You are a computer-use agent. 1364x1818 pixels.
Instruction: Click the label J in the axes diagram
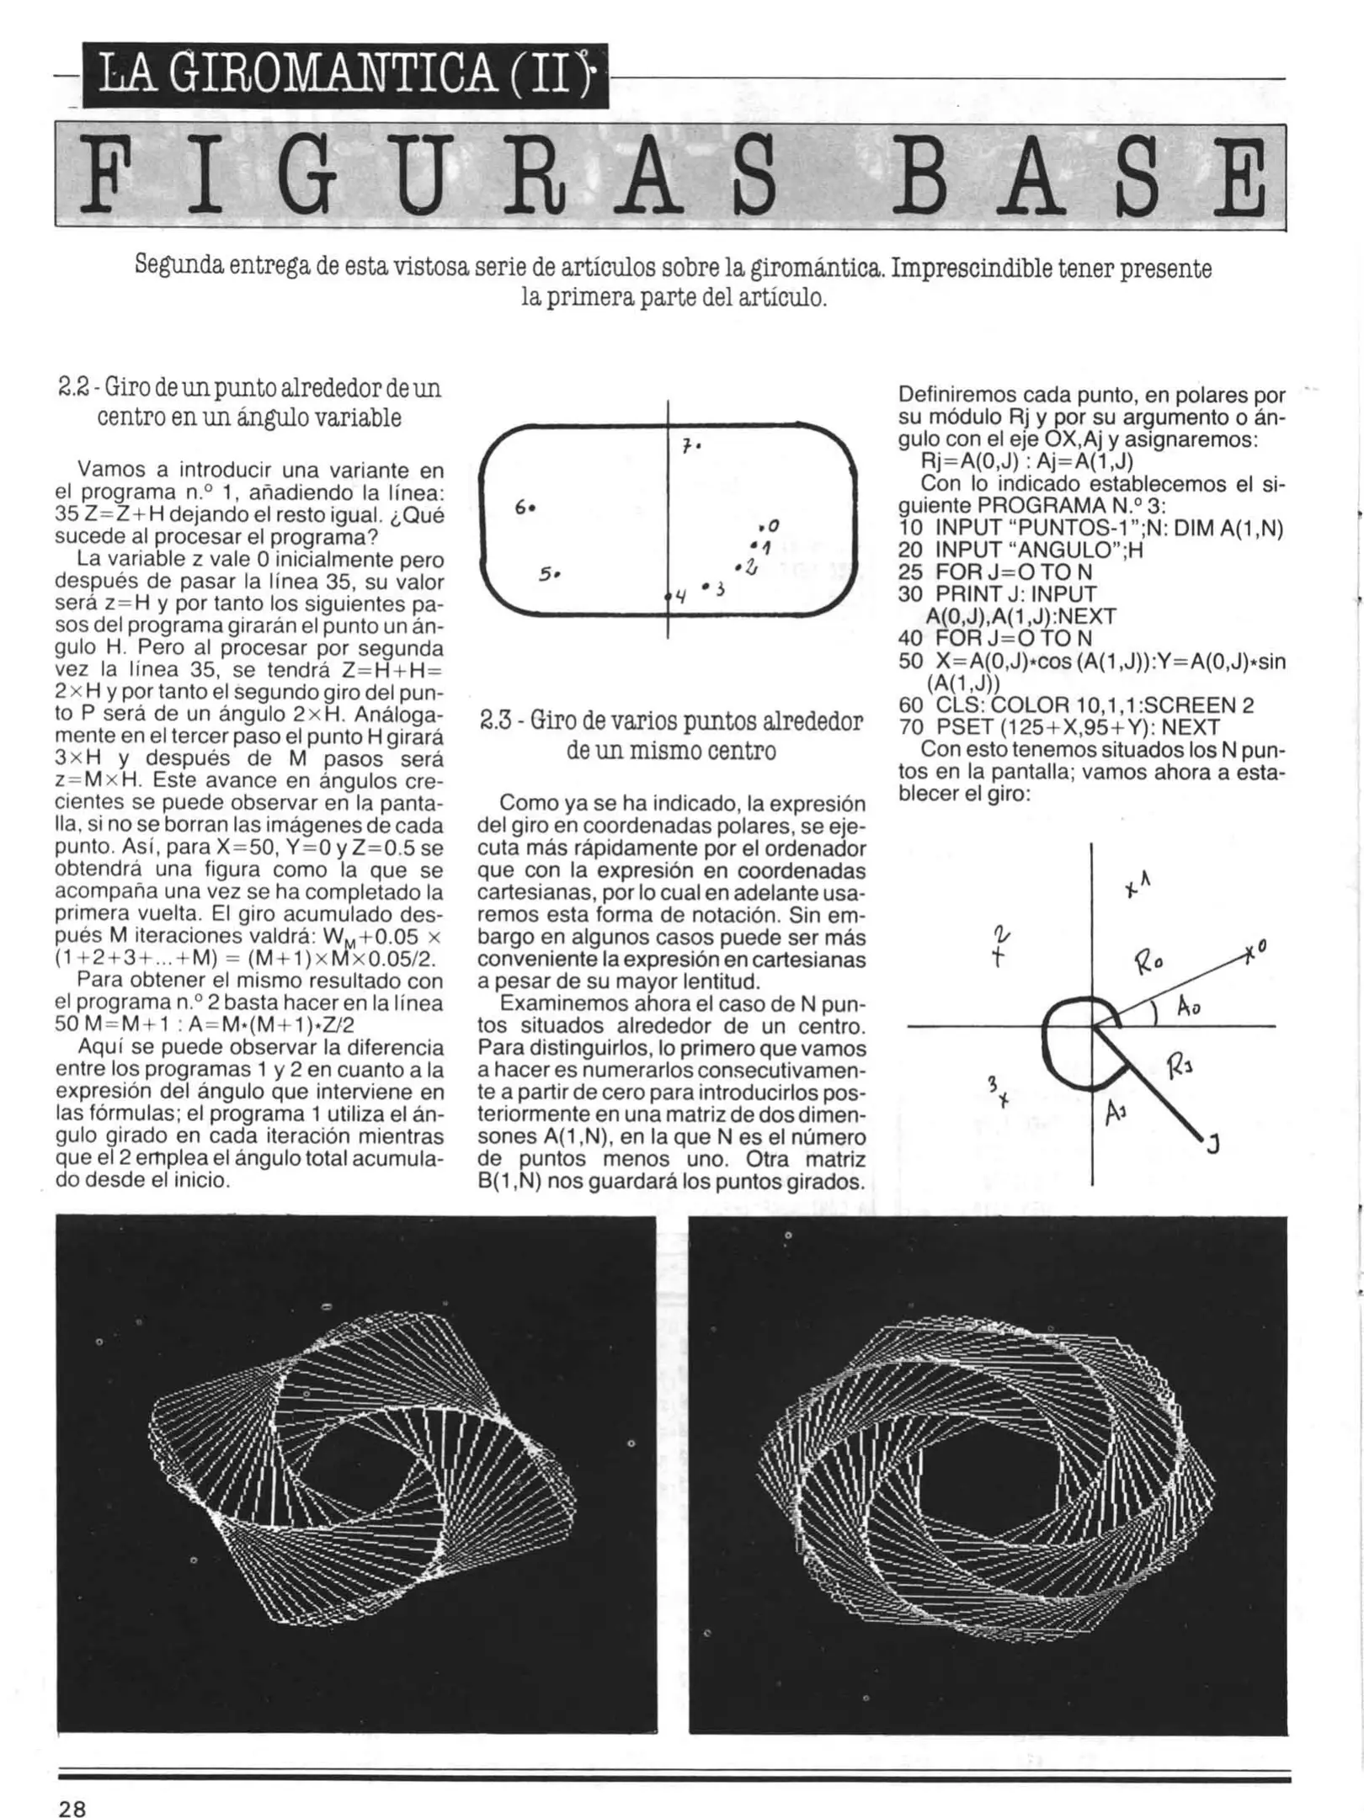point(1213,1145)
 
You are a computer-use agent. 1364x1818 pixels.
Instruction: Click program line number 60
point(911,705)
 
